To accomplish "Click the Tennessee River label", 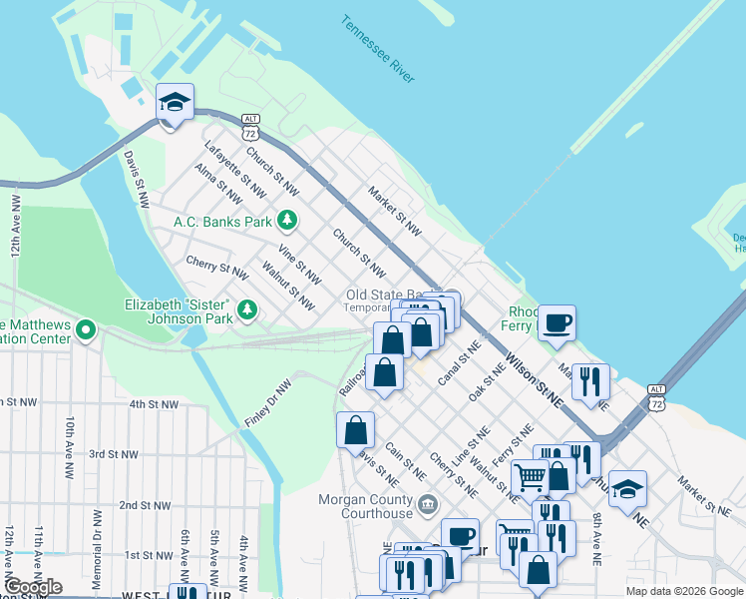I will point(377,49).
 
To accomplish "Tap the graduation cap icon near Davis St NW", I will point(175,103).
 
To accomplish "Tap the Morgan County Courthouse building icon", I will point(428,501).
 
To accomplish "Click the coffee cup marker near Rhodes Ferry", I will point(558,323).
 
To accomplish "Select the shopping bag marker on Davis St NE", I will point(355,431).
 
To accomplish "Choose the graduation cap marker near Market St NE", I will point(627,490).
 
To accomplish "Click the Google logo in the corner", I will point(33,586).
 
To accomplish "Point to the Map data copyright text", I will point(684,591).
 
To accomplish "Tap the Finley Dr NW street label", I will point(268,403).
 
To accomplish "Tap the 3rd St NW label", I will point(112,454).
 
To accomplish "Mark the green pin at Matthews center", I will point(86,328).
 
